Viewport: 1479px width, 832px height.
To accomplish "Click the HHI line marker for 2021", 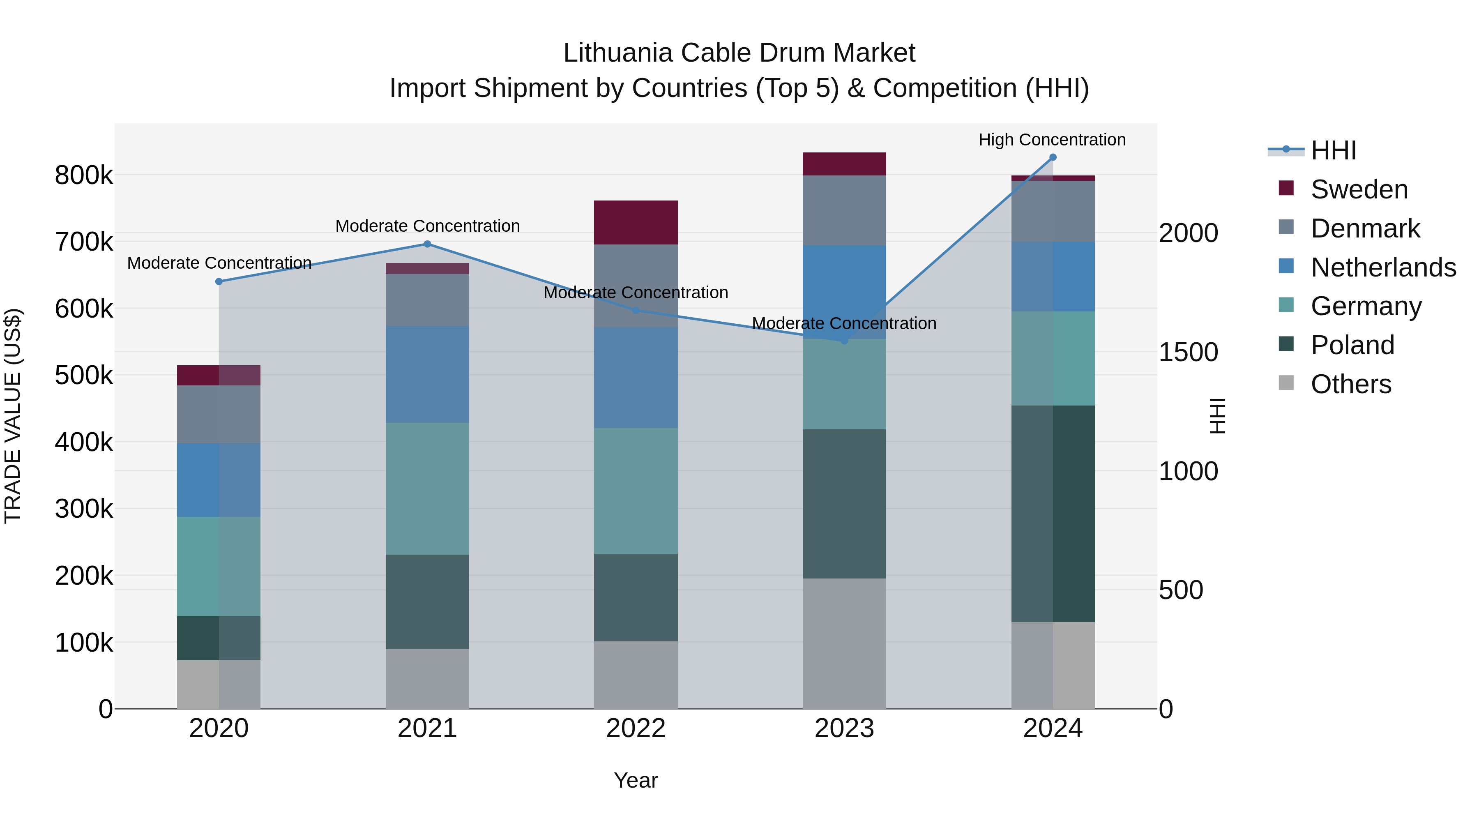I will click(x=427, y=244).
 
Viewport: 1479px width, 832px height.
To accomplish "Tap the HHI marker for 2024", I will click(x=1053, y=157).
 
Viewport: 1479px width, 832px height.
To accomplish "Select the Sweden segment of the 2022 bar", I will click(x=636, y=222).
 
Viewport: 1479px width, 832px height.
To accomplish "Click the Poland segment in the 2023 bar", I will click(x=844, y=504).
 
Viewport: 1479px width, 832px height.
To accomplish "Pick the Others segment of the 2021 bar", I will click(x=427, y=679).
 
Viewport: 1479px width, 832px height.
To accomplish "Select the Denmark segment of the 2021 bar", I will click(x=427, y=300).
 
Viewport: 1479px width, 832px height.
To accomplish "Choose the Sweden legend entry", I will click(x=1359, y=189).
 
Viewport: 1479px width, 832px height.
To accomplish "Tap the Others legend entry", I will click(x=1350, y=384).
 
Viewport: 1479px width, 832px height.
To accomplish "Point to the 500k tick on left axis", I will click(x=84, y=376).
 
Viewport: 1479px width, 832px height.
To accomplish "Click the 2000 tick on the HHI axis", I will click(x=1188, y=233).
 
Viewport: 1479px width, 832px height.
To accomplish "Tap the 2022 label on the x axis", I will click(x=636, y=728).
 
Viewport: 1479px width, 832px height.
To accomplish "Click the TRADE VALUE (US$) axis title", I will click(x=13, y=416).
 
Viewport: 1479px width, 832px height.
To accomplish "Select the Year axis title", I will click(x=636, y=780).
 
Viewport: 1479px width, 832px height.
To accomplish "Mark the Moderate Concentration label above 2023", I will click(x=844, y=323).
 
